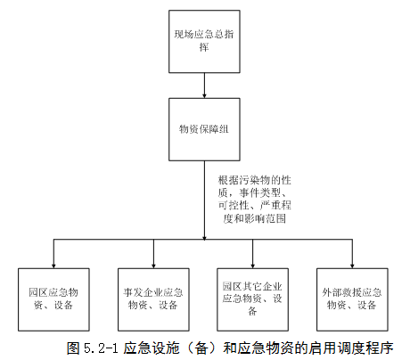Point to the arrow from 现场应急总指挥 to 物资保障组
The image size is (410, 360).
point(204,86)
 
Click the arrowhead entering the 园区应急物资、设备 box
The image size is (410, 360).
point(53,266)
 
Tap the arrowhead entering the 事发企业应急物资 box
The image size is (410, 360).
point(153,266)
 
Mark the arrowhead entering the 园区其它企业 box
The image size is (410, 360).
point(252,266)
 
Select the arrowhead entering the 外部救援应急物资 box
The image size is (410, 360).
point(352,266)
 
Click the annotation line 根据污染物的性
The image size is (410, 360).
point(255,180)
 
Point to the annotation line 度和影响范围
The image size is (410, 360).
point(255,218)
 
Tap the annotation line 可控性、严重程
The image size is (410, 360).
point(255,206)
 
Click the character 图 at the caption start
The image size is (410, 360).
point(73,348)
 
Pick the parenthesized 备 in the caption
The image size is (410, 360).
point(201,348)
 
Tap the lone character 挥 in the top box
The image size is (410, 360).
point(204,47)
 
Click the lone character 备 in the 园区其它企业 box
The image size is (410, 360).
point(252,311)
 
